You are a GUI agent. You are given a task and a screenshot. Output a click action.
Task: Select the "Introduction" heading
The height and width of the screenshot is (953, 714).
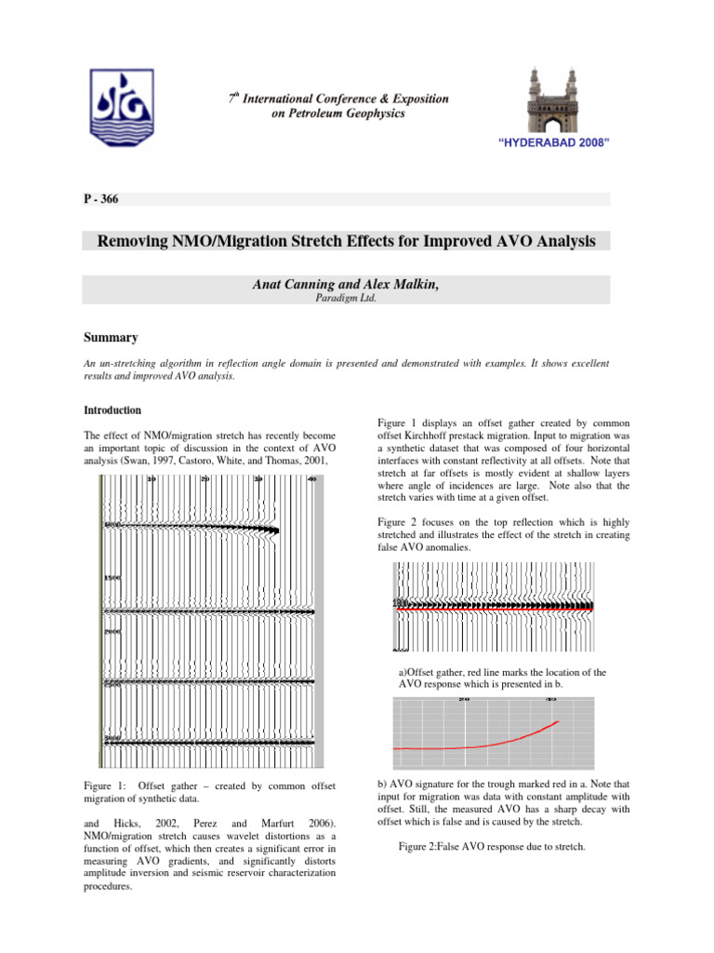112,409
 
